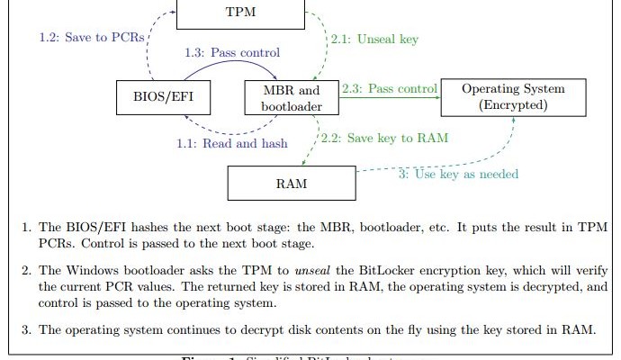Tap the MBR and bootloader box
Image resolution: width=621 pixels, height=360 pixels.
coord(291,98)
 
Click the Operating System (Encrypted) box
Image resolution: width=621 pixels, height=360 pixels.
coord(513,96)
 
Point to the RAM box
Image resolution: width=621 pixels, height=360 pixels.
coord(291,184)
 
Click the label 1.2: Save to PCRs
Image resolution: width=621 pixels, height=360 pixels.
coord(91,38)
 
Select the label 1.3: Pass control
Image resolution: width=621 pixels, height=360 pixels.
coord(231,53)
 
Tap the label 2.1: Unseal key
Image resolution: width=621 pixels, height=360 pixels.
coord(374,40)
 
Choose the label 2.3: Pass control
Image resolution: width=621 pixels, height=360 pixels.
coord(390,89)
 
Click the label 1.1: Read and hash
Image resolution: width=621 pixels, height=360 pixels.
coord(232,142)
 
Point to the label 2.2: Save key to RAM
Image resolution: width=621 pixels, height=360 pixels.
coord(384,138)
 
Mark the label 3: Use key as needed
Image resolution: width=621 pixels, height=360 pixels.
coord(458,173)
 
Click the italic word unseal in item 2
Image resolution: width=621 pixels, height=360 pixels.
coord(292,269)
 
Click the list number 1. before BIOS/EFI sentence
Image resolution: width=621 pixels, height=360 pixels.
coord(28,227)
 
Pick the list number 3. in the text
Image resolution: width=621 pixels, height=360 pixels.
coord(28,329)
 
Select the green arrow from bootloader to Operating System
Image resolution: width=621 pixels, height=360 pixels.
coord(391,98)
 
